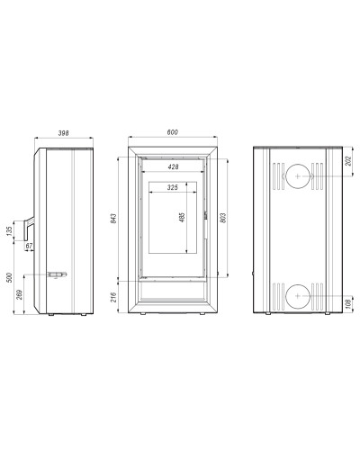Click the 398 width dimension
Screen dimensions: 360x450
[64, 133]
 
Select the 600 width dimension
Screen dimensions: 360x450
[173, 132]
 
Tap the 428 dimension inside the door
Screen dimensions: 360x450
[173, 166]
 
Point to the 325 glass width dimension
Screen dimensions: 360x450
[173, 187]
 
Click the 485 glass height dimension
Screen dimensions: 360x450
[182, 217]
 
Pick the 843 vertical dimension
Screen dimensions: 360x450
[113, 218]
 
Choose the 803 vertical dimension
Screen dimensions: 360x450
[223, 218]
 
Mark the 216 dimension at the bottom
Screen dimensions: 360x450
[113, 297]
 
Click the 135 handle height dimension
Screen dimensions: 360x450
[9, 230]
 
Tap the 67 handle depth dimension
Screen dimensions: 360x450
[29, 246]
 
